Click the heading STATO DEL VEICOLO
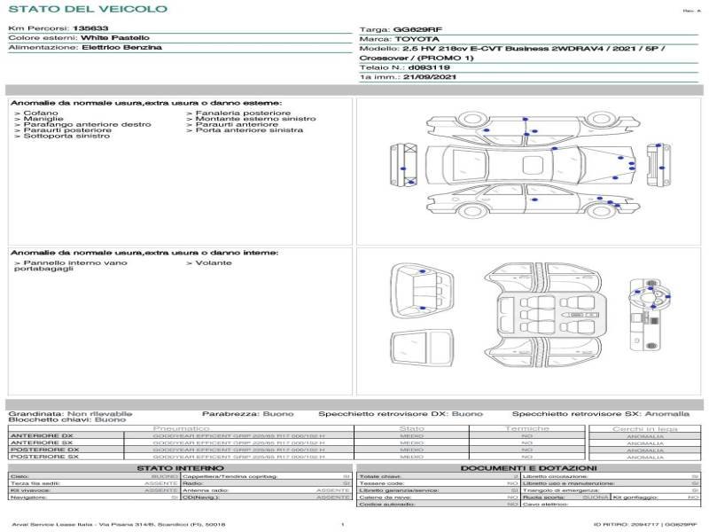point(87,9)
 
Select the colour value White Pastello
point(115,38)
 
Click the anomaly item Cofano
point(41,113)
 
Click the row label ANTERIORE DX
point(41,435)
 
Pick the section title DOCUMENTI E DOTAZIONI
point(528,467)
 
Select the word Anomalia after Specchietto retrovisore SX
point(666,413)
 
